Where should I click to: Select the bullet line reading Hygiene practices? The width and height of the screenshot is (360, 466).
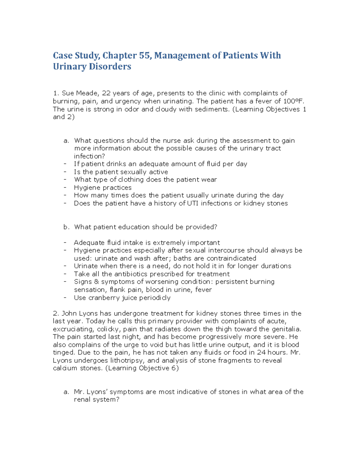(103, 188)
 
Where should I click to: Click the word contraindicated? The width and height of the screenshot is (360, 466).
(231, 258)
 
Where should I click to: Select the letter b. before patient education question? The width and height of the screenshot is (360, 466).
(66, 227)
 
